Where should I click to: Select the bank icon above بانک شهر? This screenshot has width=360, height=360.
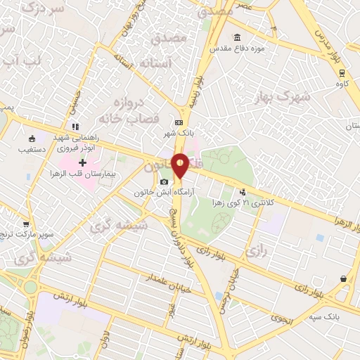point(179,122)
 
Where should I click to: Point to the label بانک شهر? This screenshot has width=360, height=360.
point(179,133)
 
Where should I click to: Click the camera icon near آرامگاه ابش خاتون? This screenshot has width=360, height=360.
point(164,182)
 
